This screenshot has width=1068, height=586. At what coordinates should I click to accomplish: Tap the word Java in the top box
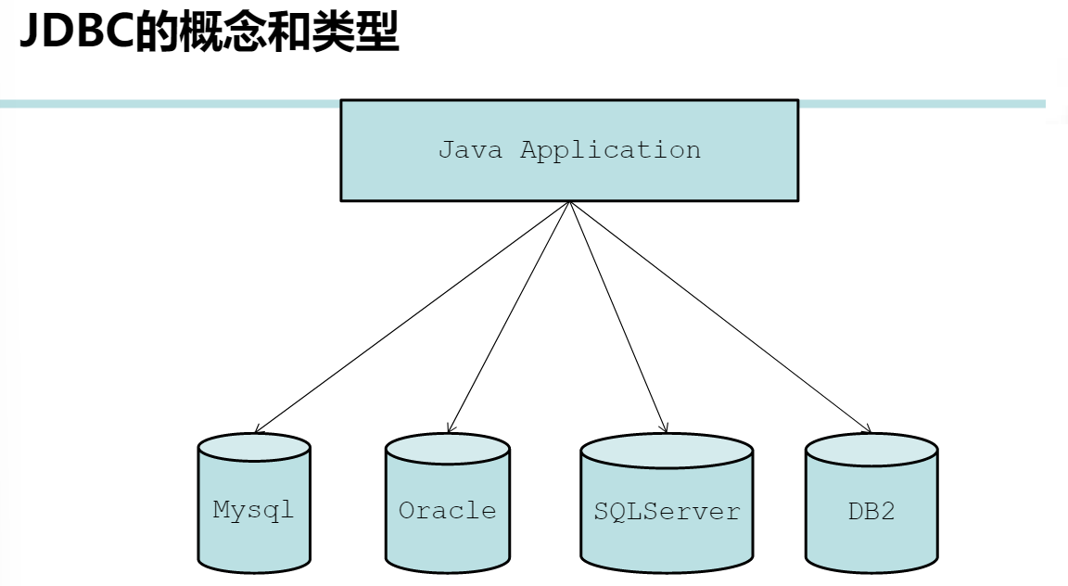point(470,150)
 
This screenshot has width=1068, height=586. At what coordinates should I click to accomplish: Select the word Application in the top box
point(610,150)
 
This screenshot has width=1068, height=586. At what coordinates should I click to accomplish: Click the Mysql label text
point(253,510)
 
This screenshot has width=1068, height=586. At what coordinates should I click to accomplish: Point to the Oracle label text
point(448,511)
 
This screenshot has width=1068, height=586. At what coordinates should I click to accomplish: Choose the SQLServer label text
point(667,511)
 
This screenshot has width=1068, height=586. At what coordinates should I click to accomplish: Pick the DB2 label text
point(871,511)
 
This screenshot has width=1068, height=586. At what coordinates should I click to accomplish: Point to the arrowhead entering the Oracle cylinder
point(450,429)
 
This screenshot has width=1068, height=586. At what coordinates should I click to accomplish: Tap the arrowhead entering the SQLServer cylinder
point(665,428)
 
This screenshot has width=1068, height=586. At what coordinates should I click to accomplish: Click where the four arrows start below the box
point(568,203)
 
